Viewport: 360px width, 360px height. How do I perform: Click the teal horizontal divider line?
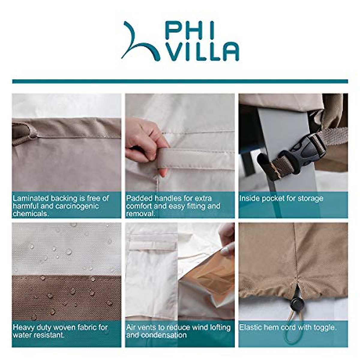pos(180,81)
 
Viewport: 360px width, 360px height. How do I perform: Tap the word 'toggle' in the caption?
pos(324,327)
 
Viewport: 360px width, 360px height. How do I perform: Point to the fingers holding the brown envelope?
pos(227,240)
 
